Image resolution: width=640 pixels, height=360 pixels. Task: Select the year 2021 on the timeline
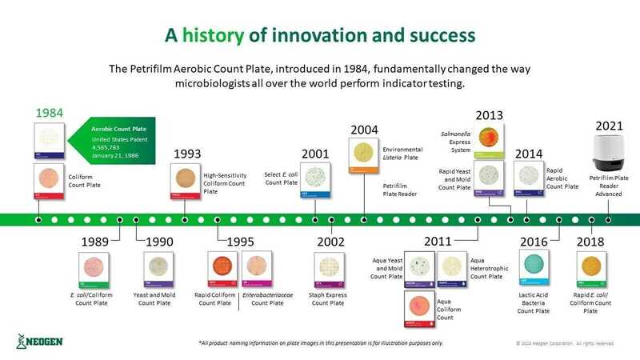pos(610,126)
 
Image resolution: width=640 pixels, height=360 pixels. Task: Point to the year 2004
pos(365,130)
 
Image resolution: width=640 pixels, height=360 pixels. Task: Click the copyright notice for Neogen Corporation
pos(565,343)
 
